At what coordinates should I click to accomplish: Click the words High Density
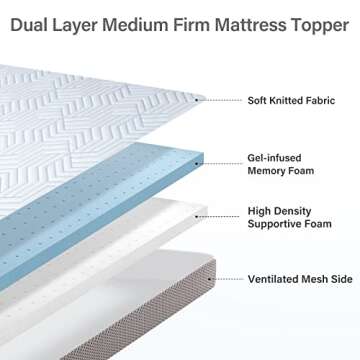click(278, 212)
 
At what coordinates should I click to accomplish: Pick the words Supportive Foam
click(290, 225)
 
